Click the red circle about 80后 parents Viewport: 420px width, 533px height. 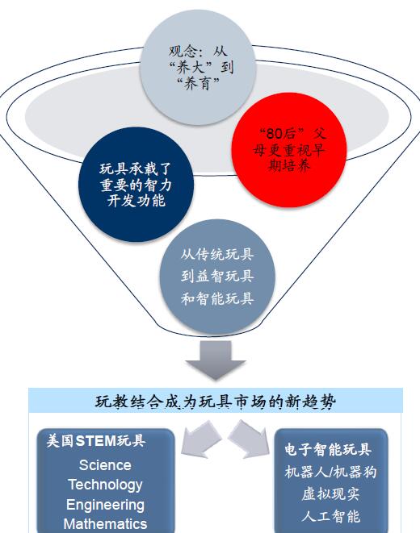point(289,150)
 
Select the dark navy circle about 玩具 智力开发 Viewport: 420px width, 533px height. point(136,185)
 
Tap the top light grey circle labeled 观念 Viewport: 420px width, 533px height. point(198,67)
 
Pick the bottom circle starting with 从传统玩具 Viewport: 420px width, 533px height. point(217,277)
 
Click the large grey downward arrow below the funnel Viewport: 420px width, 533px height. point(216,360)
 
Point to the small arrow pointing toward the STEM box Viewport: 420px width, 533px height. point(200,439)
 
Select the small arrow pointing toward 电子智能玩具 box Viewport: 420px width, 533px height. point(249,439)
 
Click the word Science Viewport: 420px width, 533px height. point(105,465)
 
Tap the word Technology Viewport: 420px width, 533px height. point(105,485)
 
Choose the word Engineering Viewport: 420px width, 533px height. point(105,505)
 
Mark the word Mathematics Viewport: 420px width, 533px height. point(105,524)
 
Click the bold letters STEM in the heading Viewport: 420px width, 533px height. point(96,441)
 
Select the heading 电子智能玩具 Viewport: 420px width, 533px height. point(328,449)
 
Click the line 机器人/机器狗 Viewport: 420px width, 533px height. point(330,472)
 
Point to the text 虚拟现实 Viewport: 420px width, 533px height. point(330,494)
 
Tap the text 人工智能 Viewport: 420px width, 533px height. point(330,516)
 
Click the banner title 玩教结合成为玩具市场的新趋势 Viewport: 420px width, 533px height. point(216,402)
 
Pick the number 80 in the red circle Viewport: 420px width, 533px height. point(275,133)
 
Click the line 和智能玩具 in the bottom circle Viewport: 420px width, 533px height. point(217,299)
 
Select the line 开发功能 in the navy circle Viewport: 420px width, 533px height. point(136,201)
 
